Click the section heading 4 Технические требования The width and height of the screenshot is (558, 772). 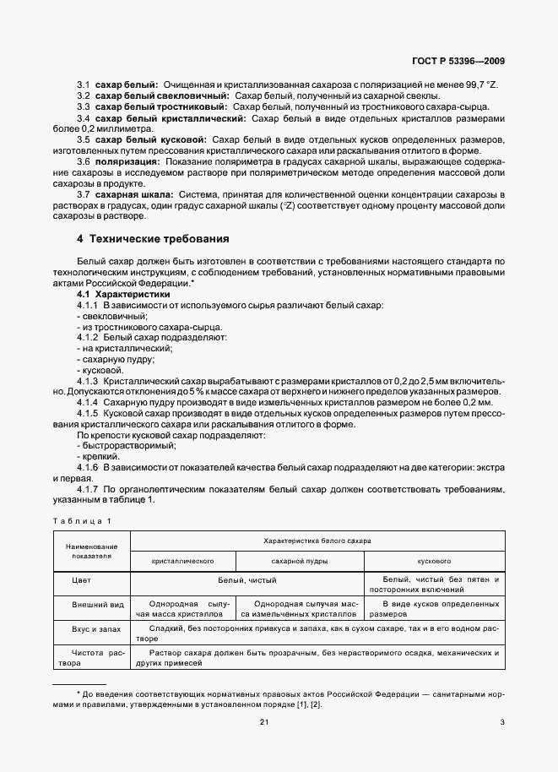point(154,238)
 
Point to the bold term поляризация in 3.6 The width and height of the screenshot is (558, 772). point(127,160)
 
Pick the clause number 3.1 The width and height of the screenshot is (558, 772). point(84,86)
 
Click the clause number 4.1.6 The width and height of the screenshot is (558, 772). point(88,467)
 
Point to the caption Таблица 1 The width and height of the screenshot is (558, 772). point(81,521)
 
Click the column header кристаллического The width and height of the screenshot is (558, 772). point(181,560)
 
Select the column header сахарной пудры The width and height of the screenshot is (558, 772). point(300,560)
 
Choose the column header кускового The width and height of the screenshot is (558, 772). point(434,560)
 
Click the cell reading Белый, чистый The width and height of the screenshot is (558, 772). point(247,580)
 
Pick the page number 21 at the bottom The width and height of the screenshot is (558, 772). point(263,721)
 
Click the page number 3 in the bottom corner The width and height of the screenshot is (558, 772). point(501,721)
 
